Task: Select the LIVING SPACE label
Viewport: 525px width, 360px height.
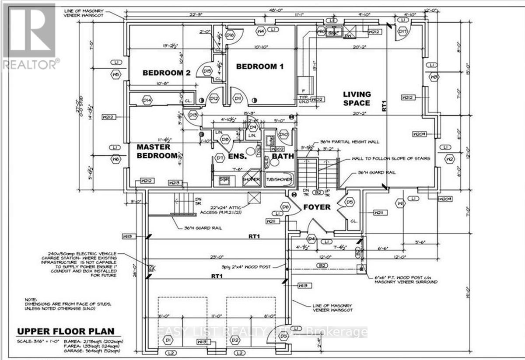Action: (357, 98)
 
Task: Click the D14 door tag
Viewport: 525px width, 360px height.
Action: (147, 101)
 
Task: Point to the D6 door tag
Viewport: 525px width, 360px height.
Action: (286, 206)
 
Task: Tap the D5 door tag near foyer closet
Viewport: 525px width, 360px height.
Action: (350, 202)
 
